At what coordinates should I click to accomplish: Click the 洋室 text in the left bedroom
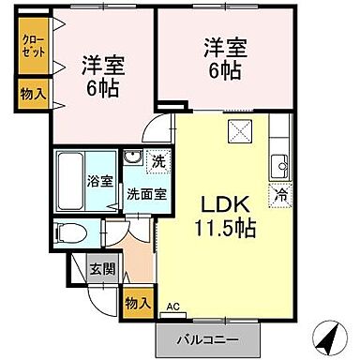105,66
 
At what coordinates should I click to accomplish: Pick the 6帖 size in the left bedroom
105,90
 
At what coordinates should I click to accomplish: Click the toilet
70,232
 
